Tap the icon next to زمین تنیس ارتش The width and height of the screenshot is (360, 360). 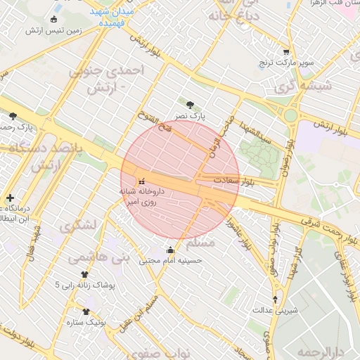(56, 19)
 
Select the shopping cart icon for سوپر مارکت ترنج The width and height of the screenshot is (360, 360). (285, 52)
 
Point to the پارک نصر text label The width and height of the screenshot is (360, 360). (190, 115)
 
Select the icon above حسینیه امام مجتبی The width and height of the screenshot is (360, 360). (170, 250)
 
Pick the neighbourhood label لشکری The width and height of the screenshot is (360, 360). (78, 226)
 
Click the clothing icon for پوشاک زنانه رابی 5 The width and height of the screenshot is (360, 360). (85, 275)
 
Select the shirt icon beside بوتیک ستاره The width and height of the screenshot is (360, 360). (86, 312)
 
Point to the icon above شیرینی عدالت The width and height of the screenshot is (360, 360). (275, 299)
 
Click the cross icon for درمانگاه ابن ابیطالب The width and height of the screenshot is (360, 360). (10, 198)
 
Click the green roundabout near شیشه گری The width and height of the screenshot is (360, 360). (290, 114)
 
